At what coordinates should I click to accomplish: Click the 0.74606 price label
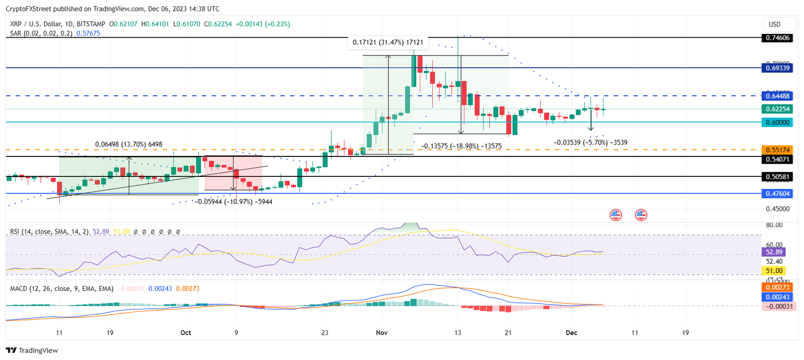[777, 38]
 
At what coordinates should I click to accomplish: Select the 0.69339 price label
[777, 67]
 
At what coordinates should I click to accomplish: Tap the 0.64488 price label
[777, 96]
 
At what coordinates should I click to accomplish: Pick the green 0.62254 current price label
[777, 109]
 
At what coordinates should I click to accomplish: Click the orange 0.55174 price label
[777, 150]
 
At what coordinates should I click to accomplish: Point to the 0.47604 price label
[777, 194]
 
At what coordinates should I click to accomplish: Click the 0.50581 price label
[777, 177]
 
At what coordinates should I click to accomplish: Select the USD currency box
[774, 24]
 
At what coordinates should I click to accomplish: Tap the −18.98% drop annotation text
[461, 146]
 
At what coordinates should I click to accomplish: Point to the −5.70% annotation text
[590, 142]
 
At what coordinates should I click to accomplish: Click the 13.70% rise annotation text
[129, 144]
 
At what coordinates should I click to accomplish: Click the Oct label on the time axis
[185, 332]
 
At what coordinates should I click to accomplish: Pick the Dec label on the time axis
[572, 332]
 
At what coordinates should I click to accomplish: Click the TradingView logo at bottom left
[32, 350]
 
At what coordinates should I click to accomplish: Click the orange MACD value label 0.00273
[777, 287]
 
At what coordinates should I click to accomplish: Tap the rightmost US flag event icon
[641, 215]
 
